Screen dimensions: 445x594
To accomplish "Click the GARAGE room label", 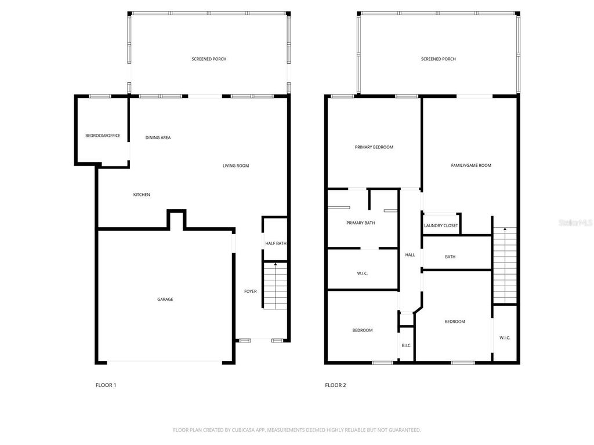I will click(165, 300).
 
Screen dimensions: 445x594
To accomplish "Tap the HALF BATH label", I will click(276, 243).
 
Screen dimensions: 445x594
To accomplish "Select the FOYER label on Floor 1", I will click(250, 291).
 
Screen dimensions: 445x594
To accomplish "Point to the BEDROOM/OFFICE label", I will click(103, 136).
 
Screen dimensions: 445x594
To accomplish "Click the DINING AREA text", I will click(158, 138).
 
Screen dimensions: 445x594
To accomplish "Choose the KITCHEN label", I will click(142, 195).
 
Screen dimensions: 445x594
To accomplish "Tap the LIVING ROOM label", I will click(236, 166).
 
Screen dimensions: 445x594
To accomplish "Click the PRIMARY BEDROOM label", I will click(374, 147).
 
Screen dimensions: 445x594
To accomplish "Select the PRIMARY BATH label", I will click(360, 223).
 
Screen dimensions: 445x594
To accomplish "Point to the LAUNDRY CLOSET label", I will click(441, 226).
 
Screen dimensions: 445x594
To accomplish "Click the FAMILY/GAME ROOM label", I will click(471, 166).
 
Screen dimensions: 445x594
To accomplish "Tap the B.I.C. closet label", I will click(406, 346).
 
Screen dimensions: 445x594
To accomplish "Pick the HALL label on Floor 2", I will click(410, 255).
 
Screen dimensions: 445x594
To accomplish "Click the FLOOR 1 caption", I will click(106, 385).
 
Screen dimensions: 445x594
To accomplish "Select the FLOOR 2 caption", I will click(335, 385).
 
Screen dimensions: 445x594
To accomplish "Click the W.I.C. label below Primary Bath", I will click(363, 273).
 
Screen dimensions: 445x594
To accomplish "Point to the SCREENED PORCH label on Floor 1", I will click(209, 59).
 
